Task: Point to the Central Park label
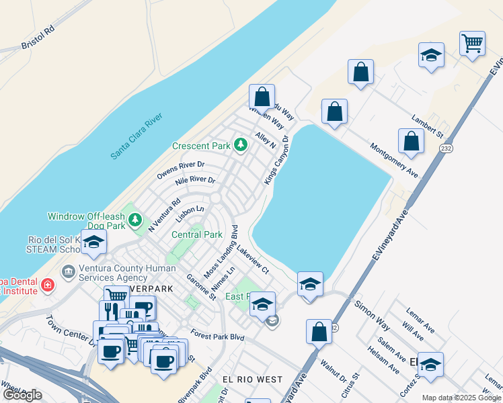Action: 197,235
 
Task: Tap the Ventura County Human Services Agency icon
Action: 68,272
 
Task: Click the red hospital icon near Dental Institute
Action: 47,285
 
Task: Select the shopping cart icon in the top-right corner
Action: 472,44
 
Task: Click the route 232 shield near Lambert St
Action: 445,148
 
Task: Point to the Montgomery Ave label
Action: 394,160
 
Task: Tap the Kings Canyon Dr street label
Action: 276,161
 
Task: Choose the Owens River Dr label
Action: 181,169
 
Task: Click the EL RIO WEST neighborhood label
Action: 252,379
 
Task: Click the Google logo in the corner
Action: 23,395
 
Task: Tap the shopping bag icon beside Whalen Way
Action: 262,95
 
